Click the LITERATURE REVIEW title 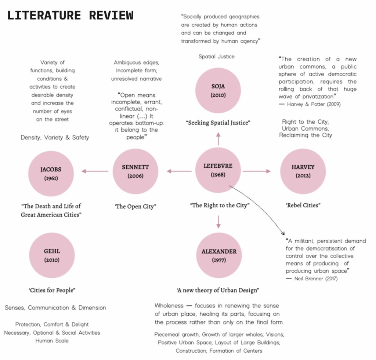point(70,15)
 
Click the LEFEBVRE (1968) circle point(218,170)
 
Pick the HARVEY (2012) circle point(303,171)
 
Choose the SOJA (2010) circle point(218,90)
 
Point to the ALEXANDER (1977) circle point(219,255)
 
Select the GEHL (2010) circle point(52,255)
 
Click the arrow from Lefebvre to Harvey point(256,171)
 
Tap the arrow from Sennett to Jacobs point(95,171)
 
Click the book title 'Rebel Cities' point(303,205)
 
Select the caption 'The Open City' point(135,206)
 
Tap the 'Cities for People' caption point(52,290)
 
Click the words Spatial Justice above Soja point(216,57)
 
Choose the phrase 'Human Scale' point(52,341)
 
